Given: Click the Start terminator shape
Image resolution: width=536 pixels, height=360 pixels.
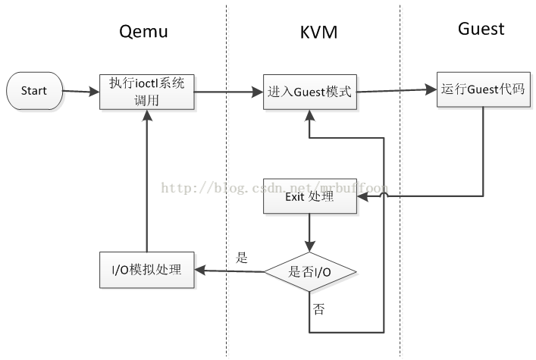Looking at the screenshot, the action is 35,91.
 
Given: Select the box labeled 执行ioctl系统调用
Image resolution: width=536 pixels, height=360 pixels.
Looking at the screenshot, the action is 147,92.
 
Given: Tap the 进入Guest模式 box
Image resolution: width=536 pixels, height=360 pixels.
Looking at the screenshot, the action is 310,92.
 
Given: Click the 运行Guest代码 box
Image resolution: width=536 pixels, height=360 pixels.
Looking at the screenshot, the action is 484,89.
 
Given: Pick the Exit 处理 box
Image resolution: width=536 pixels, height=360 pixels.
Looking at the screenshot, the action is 310,196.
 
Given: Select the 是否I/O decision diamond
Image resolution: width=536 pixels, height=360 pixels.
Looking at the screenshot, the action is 310,272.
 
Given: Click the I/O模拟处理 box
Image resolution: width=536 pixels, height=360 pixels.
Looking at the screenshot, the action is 147,270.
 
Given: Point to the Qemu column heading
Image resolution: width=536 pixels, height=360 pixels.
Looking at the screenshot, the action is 143,32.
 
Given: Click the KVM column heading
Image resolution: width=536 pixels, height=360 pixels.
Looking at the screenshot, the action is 318,32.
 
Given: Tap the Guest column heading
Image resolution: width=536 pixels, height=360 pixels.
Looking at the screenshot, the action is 481,29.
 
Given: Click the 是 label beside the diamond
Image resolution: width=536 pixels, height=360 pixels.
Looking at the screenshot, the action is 241,258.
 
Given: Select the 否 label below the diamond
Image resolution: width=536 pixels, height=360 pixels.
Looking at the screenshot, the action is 318,309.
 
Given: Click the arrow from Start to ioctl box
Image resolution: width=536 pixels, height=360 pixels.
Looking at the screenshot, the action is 81,91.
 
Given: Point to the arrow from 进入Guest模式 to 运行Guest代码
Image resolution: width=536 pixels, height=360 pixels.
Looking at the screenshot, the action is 397,91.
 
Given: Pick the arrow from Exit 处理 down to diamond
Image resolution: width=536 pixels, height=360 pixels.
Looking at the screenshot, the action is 310,233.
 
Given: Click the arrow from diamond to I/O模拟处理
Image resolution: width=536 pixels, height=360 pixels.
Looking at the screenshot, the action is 230,271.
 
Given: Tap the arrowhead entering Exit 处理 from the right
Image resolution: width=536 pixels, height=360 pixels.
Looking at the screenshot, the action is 362,196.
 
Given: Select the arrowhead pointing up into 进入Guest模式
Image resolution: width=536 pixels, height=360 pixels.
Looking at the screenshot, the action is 310,115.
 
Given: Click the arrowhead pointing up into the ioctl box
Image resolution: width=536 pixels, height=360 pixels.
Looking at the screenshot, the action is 147,115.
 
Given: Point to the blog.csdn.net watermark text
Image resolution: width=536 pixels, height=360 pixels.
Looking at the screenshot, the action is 274,188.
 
